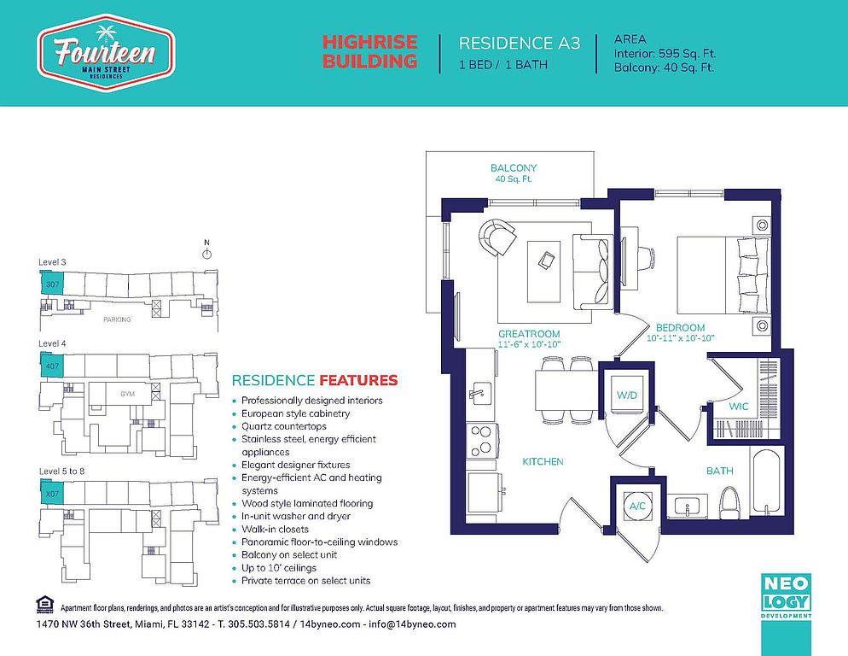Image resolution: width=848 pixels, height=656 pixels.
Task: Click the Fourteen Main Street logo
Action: pos(106,53)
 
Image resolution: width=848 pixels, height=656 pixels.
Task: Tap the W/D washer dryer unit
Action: pos(627,395)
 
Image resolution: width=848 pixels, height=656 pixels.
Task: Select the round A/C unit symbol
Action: pos(637,506)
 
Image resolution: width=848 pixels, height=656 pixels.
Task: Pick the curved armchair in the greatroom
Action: pos(497,237)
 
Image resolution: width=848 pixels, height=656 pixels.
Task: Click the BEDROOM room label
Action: pos(680,328)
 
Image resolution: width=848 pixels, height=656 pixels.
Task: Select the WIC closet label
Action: pos(738,407)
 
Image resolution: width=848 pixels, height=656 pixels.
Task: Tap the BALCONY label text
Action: pos(514,168)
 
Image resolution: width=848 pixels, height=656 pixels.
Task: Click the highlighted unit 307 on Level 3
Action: pos(52,284)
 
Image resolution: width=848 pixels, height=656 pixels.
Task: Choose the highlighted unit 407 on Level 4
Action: pos(52,366)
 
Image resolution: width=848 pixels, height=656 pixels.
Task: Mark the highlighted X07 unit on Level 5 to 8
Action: pos(52,494)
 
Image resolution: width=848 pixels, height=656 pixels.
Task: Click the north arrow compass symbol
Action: pos(206,251)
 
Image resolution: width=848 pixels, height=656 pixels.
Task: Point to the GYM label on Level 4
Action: pos(128,394)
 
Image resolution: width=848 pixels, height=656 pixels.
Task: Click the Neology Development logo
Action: pos(787,596)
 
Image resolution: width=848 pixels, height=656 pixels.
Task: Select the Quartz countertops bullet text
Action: pos(284,426)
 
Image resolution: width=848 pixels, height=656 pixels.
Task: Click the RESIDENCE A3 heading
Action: pos(520,44)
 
